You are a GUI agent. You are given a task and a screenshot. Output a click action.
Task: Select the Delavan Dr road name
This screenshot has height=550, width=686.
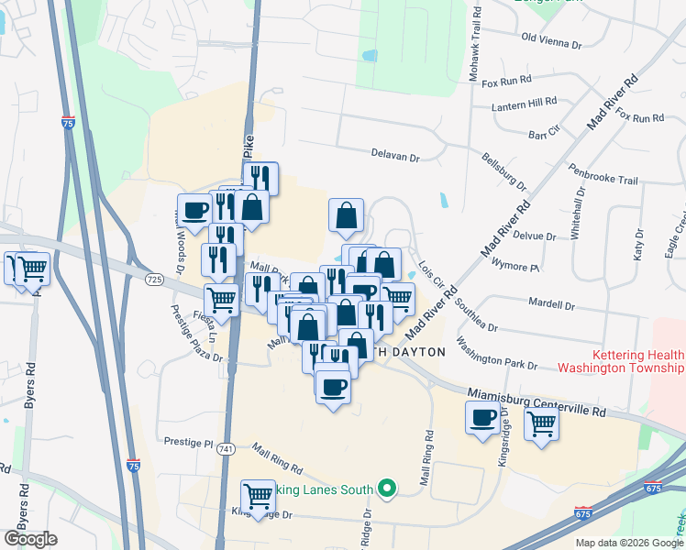pos(395,158)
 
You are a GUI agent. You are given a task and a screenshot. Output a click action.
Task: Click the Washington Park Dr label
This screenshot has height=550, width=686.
pos(496,357)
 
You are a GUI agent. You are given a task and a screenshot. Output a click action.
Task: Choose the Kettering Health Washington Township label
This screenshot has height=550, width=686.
pos(621,361)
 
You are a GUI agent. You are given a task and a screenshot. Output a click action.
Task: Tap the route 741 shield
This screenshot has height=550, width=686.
pos(226,448)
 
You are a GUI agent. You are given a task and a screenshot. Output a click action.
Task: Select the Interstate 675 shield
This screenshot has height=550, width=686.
pos(582,510)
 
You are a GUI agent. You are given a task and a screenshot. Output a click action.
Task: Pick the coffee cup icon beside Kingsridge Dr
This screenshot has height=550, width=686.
pos(482,418)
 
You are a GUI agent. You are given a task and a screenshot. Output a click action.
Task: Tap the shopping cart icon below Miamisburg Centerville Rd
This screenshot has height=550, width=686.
pos(541,423)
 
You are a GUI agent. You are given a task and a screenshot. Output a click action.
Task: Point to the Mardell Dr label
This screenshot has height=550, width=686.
pos(552,304)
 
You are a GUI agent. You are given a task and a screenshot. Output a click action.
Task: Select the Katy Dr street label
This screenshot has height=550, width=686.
pos(638,246)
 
